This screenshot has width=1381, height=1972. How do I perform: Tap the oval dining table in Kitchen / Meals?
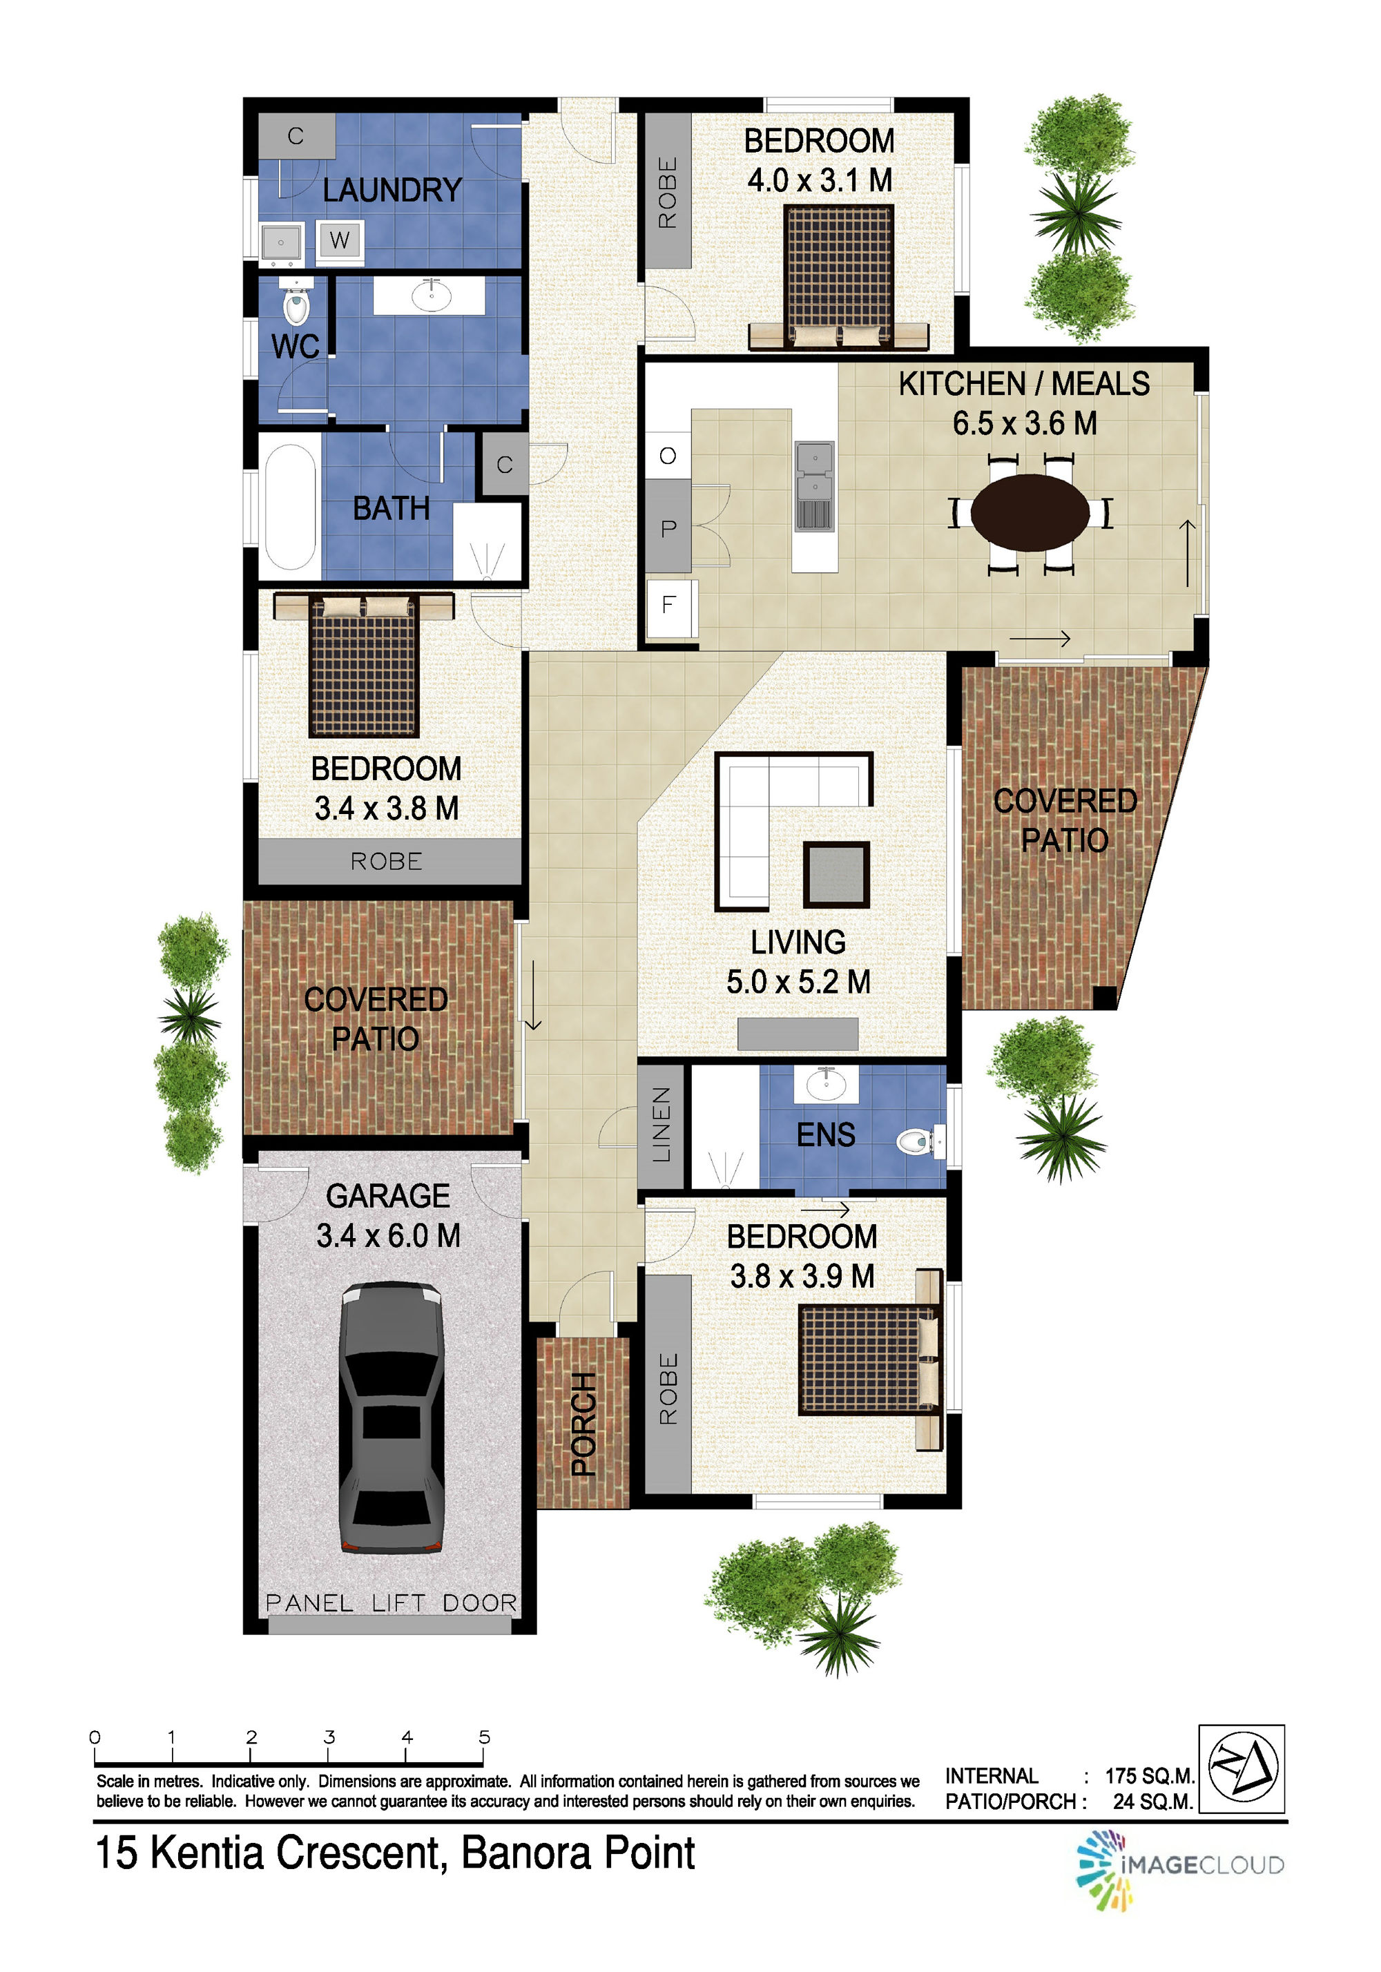[1030, 513]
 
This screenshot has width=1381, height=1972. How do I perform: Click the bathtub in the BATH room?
[289, 507]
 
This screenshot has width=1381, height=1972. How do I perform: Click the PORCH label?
[584, 1423]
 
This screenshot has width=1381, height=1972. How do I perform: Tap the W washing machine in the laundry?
[340, 240]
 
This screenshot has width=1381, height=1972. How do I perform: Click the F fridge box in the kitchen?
[668, 605]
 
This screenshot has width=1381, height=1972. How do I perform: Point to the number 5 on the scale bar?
[484, 1737]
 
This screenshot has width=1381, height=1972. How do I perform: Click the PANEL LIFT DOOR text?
[391, 1603]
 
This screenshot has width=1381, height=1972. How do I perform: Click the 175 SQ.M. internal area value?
[1149, 1775]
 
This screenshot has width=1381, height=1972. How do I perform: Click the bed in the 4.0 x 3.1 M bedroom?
[839, 277]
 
